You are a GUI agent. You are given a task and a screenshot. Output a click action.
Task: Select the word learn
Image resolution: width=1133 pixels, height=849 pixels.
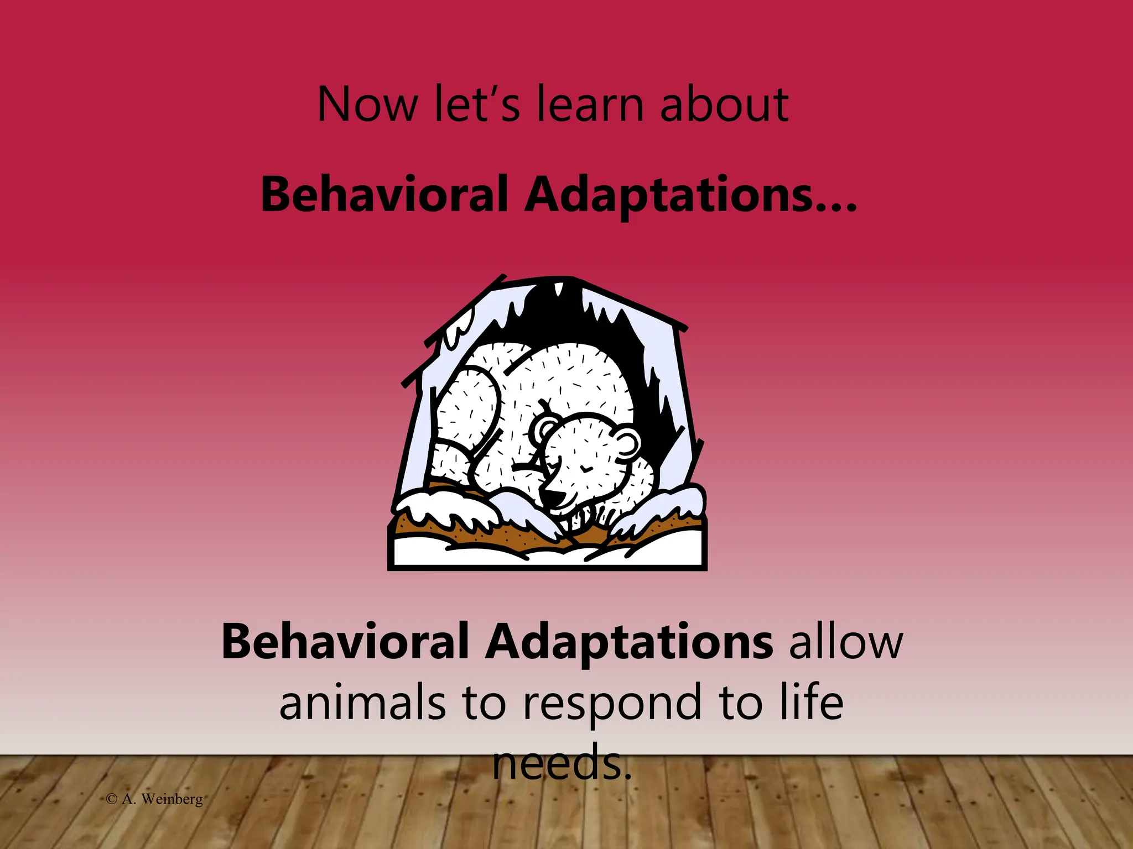tap(590, 104)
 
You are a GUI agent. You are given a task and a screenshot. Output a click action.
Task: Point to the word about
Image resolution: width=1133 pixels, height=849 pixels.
tap(724, 104)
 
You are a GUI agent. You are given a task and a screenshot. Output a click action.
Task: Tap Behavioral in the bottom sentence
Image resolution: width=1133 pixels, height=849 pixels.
tap(345, 642)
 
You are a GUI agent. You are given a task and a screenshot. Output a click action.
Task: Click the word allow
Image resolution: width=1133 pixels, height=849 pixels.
tap(846, 642)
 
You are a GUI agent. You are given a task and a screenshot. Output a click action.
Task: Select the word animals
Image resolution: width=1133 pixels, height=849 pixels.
tap(362, 703)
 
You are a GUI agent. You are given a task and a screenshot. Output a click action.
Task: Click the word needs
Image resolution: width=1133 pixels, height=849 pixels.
tap(562, 762)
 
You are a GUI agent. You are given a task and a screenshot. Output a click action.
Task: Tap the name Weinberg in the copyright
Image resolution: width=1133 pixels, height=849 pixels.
tap(172, 799)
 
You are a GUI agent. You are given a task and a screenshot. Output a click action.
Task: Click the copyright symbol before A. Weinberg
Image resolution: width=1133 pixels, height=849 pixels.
tap(112, 799)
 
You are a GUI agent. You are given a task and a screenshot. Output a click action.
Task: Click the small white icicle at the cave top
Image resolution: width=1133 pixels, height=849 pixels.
tap(559, 291)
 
